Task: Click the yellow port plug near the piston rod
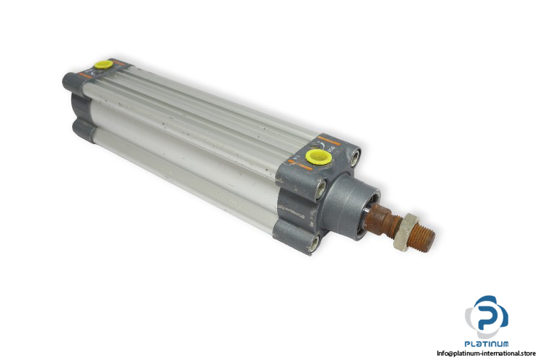click(318, 156)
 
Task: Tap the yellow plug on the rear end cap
click(104, 65)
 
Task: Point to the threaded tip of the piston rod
click(426, 238)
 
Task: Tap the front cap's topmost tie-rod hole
click(355, 158)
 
